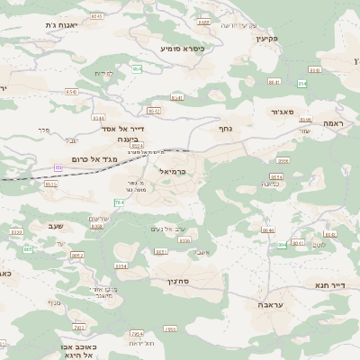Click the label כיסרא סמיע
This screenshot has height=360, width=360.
coord(183,48)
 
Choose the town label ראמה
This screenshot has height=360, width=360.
coord(334,123)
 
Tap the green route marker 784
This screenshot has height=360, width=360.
coord(119,203)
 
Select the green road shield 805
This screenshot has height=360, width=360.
coord(28,248)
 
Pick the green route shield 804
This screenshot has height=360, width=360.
coord(282,244)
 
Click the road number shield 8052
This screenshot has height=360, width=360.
coord(76,256)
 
